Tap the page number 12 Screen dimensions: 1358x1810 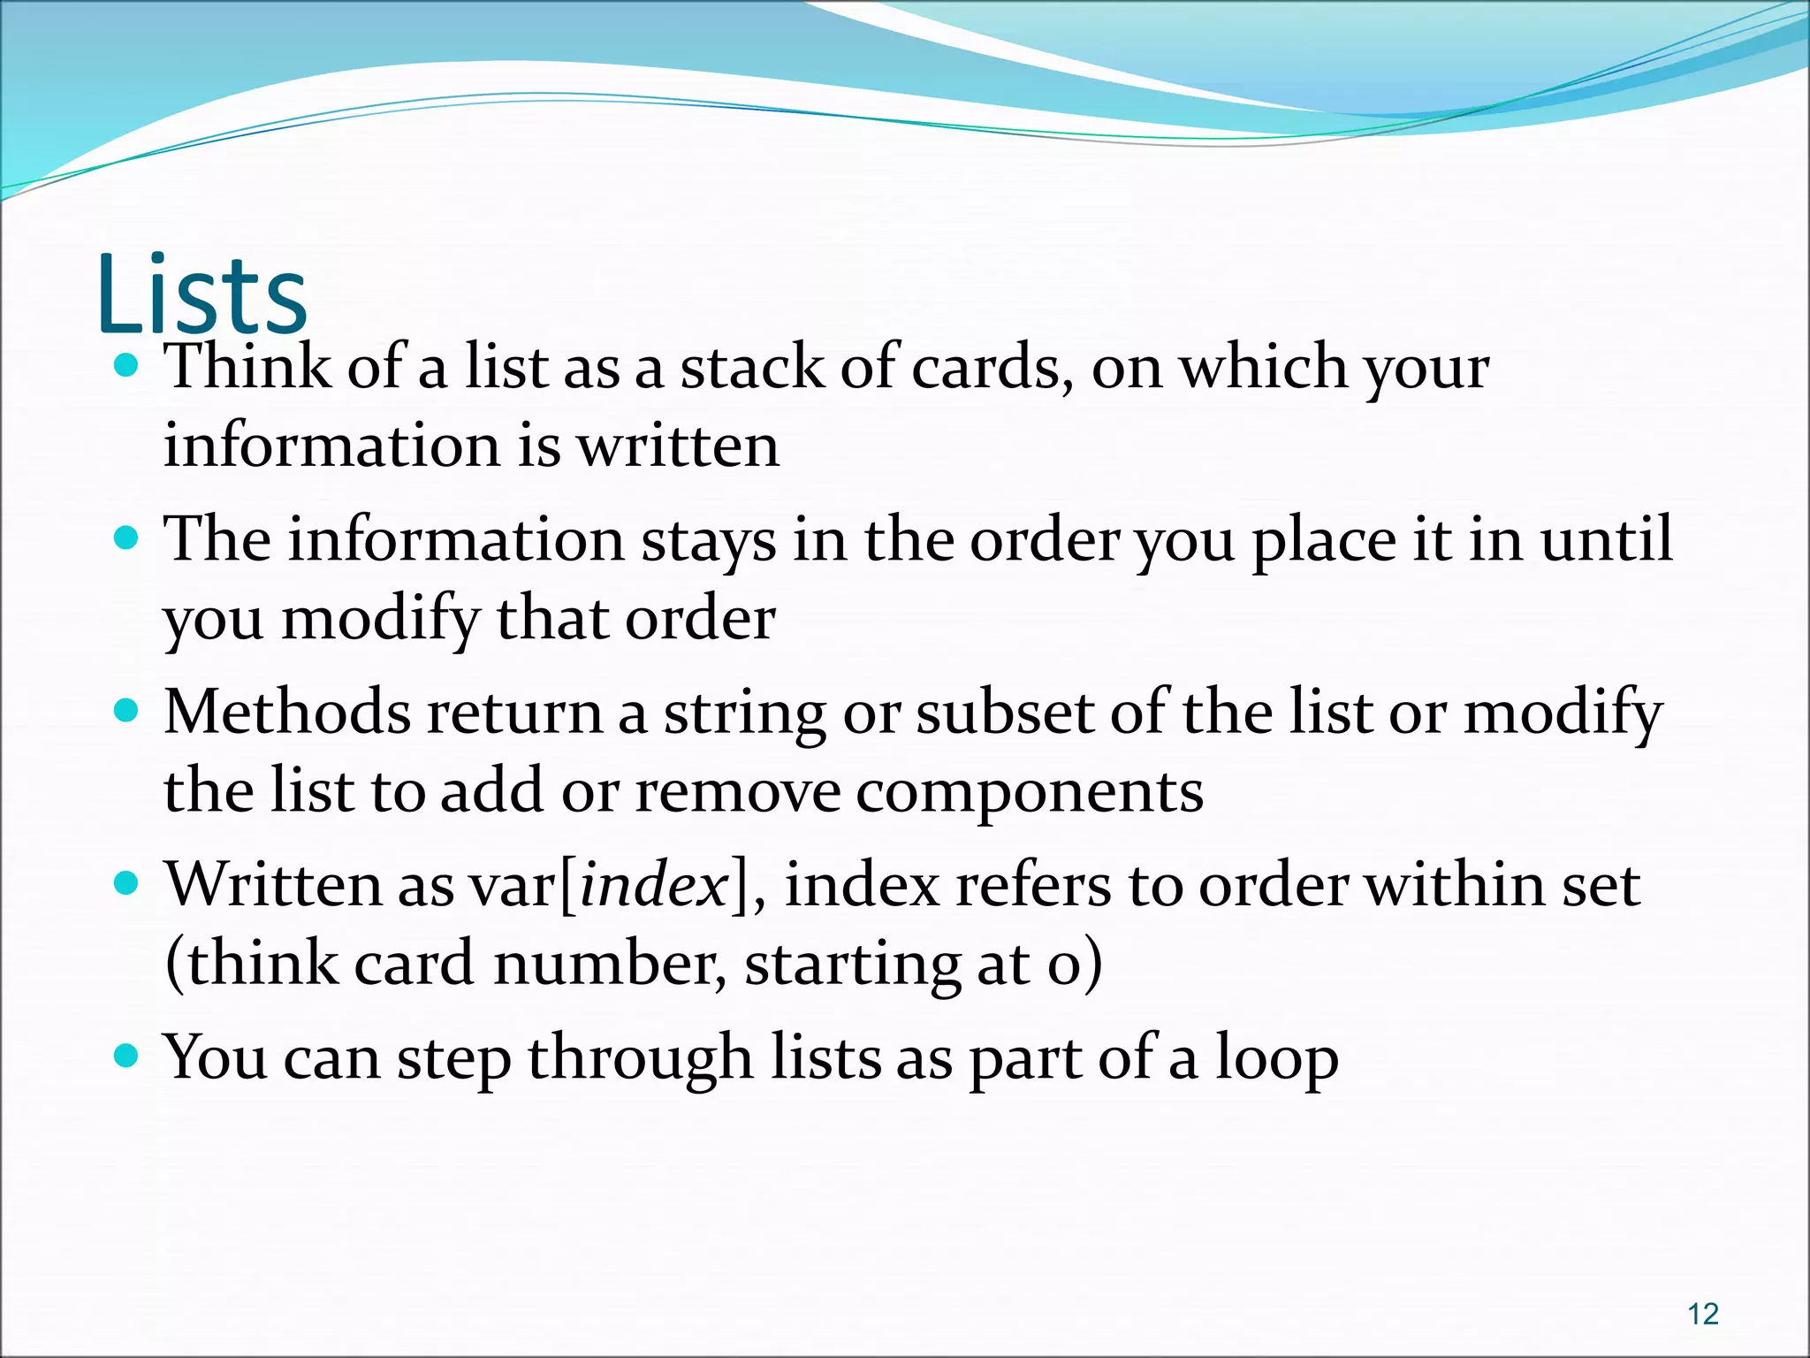coord(1702,1314)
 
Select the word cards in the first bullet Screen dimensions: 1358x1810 coord(986,366)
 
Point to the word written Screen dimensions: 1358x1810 coord(678,446)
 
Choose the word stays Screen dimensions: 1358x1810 coord(708,541)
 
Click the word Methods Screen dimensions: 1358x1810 coord(287,712)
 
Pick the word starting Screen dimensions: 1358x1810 coord(852,965)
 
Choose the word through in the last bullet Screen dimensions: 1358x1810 coord(640,1058)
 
